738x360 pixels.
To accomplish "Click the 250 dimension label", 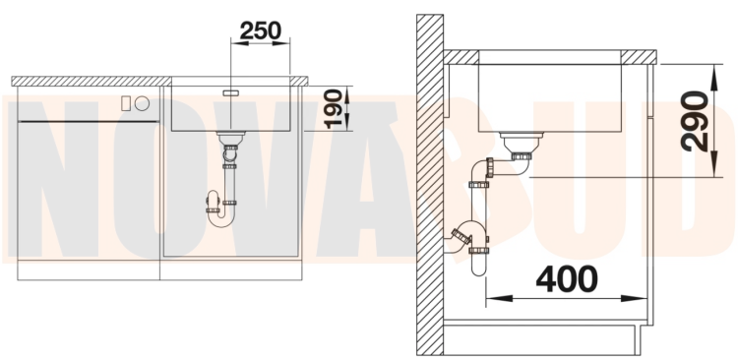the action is pyautogui.click(x=261, y=30).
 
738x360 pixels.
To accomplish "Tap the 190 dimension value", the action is pyautogui.click(x=334, y=109).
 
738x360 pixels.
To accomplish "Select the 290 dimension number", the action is pyautogui.click(x=695, y=121).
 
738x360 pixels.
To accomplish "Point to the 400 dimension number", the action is pyautogui.click(x=567, y=279).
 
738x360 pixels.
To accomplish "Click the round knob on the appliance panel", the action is pyautogui.click(x=142, y=103).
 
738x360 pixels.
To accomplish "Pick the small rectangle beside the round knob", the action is pyautogui.click(x=126, y=103).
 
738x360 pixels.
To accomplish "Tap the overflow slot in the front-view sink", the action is pyautogui.click(x=230, y=92).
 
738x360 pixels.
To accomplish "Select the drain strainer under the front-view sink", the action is pyautogui.click(x=230, y=138).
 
